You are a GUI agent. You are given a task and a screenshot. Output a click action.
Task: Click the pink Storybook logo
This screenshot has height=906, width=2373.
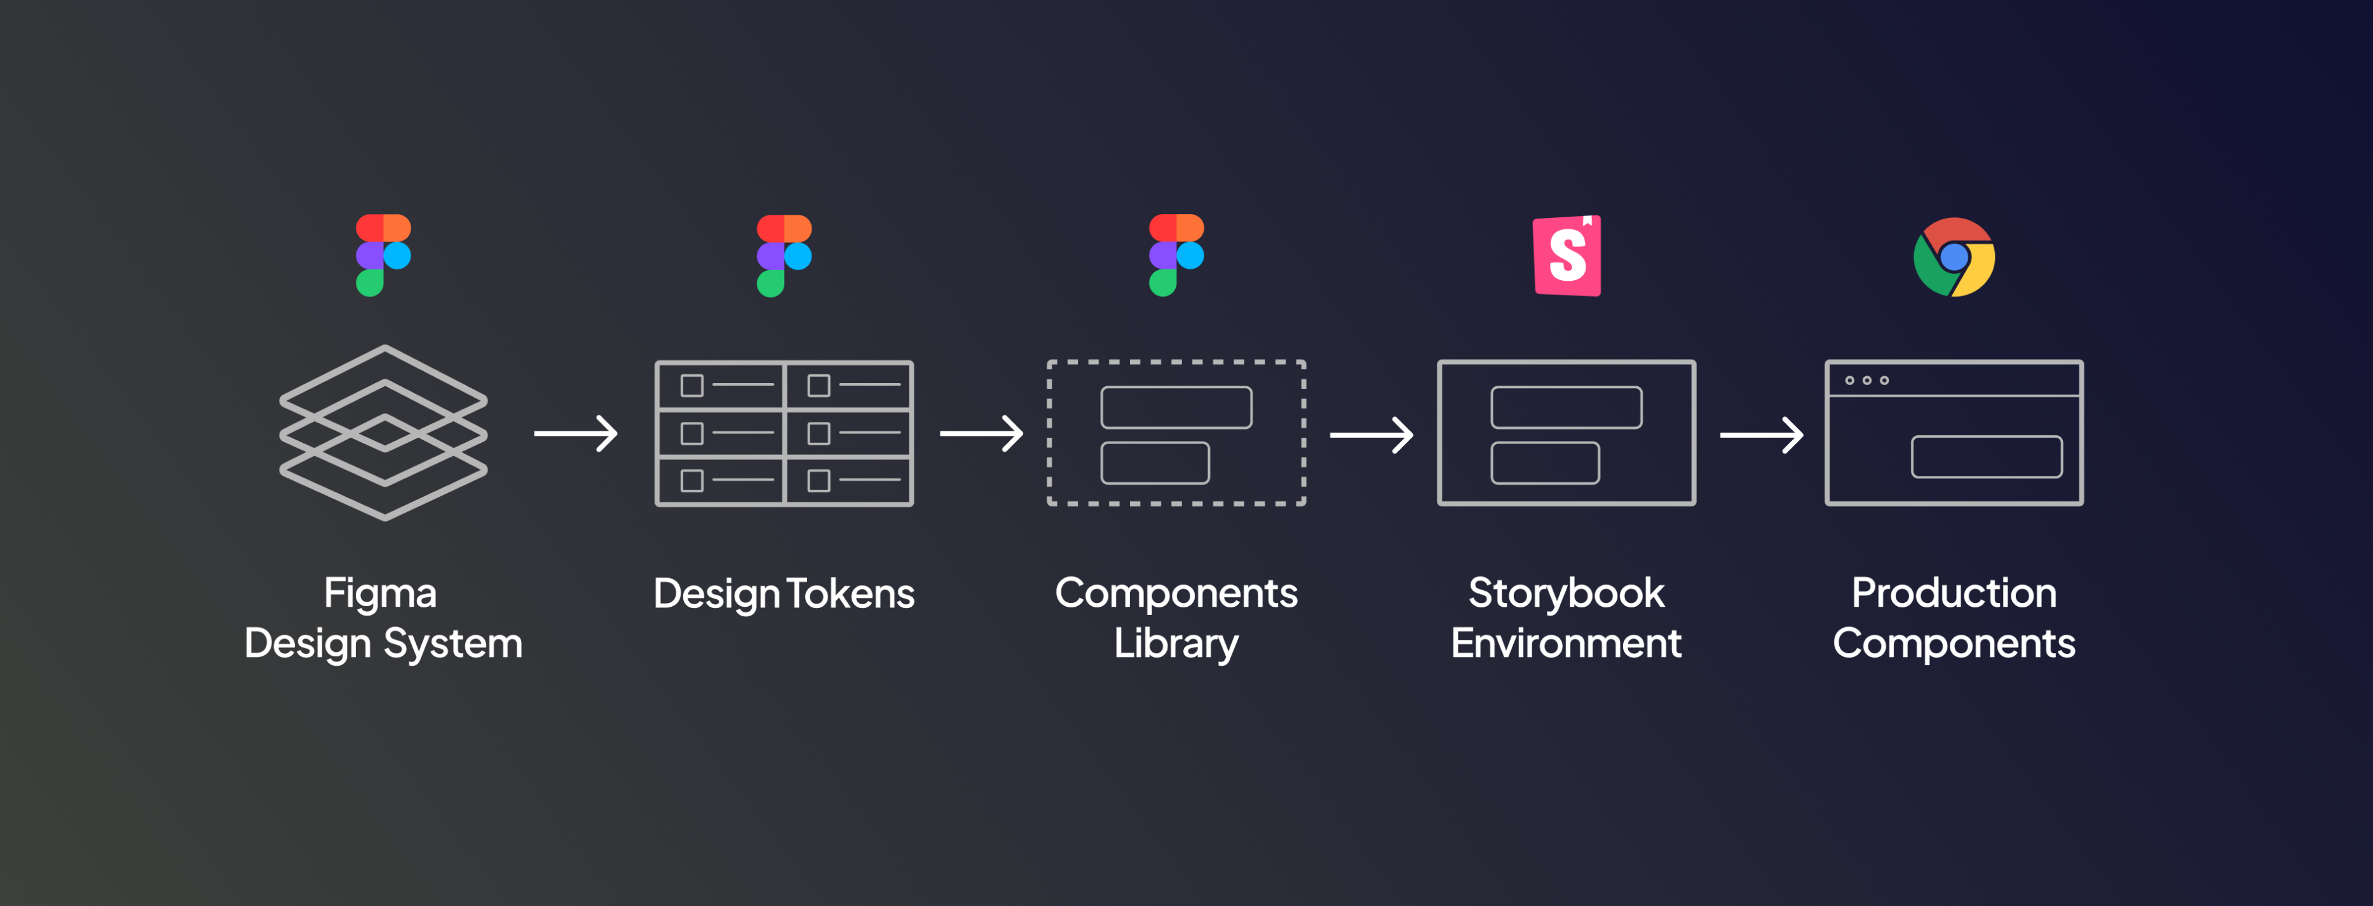1567,256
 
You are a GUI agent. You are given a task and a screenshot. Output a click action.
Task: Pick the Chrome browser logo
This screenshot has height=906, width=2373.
1954,257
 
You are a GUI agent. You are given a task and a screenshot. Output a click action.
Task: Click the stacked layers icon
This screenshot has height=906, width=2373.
383,432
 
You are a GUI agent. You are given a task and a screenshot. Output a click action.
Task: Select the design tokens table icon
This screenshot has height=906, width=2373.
784,433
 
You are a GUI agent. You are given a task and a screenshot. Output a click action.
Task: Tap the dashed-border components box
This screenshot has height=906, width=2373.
1176,433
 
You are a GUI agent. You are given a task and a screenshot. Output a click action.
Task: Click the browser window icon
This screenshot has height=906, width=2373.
1954,433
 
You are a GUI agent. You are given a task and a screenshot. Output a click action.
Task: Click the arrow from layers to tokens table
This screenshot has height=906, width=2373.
576,433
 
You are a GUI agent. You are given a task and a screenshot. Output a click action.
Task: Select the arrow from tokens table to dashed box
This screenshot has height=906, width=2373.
981,433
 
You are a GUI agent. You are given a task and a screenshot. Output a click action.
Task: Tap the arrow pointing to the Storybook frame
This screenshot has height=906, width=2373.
1371,435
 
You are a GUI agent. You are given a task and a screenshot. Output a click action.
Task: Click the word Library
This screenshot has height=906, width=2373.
1176,644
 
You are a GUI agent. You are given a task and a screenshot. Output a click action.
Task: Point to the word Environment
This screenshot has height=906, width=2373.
1566,644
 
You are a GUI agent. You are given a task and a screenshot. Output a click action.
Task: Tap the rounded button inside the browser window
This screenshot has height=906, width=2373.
1986,457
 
